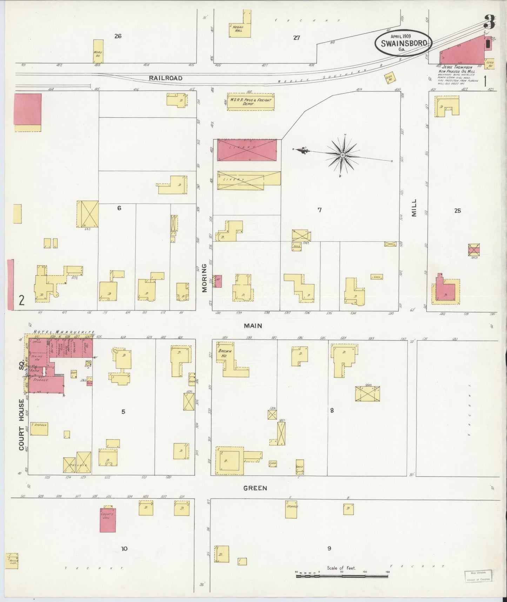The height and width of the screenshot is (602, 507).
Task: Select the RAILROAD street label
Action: pos(166,78)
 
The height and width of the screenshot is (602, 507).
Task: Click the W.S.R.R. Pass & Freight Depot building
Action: pos(251,102)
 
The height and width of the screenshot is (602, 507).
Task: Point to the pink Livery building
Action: pos(247,150)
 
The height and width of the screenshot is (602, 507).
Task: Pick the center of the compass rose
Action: pos(342,155)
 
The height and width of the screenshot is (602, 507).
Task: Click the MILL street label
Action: pos(414,208)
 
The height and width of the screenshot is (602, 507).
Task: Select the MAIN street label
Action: pos(253,326)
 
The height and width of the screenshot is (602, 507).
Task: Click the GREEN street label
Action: pos(255,488)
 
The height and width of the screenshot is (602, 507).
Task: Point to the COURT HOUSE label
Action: pos(22,424)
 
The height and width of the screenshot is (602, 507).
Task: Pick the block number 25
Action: pos(457,211)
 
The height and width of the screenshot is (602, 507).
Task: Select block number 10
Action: pos(124,549)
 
